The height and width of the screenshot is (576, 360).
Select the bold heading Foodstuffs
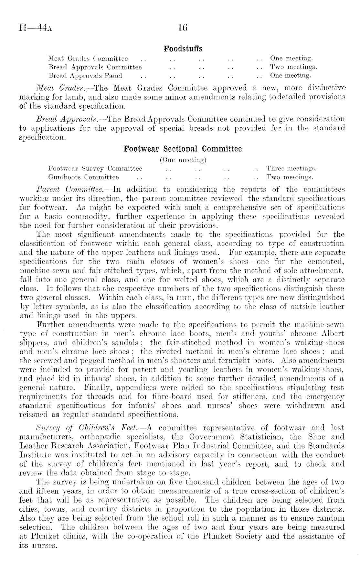183,49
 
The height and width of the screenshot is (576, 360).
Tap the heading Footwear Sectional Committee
183,149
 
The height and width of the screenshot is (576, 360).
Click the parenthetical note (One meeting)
183,160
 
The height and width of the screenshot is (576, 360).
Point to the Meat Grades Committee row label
88,59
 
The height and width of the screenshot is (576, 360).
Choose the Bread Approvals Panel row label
85,76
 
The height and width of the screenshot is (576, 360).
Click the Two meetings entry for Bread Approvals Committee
293,67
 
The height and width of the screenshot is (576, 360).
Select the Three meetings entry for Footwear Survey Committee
291,168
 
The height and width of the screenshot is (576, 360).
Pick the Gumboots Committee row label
83,177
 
